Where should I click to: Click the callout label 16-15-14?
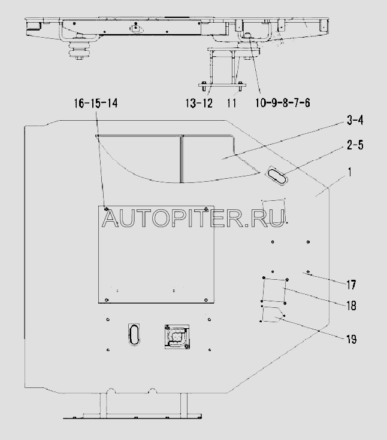tap(96, 103)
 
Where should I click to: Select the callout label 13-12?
tap(199, 103)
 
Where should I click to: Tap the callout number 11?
tap(231, 103)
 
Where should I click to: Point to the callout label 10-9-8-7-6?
tap(283, 103)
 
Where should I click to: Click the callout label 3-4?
tap(355, 120)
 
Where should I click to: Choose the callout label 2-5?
tap(355, 145)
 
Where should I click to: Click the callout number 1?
tap(350, 172)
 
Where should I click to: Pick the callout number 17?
tap(351, 285)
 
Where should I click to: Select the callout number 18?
tap(351, 305)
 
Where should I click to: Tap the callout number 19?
tap(351, 339)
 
